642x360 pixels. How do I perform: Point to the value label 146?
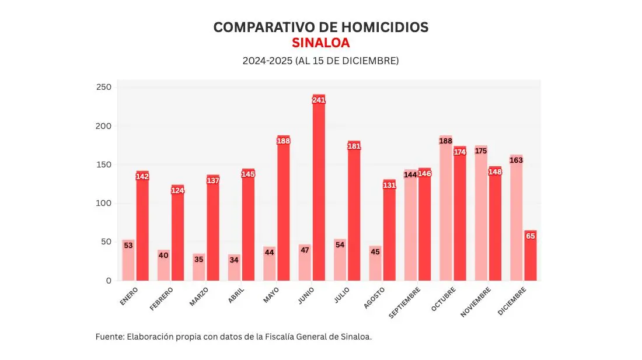(425, 174)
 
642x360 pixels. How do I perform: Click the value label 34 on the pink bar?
(234, 260)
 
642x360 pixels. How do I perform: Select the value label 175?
(481, 151)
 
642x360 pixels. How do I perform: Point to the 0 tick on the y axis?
(108, 281)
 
